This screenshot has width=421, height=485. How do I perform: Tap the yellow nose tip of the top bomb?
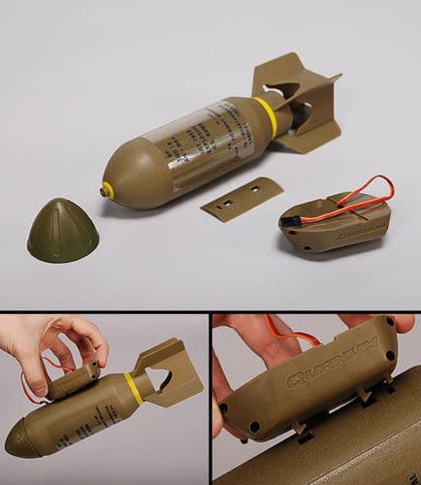point(107,191)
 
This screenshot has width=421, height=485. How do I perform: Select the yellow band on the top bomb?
point(266,115)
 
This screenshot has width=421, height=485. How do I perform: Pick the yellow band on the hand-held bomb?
point(133,388)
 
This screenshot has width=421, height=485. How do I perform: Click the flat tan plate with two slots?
point(242,198)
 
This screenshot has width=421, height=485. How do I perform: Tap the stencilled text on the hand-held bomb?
point(82,412)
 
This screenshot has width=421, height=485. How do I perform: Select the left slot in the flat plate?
point(229,202)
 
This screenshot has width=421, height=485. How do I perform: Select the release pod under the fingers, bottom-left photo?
point(74,381)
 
